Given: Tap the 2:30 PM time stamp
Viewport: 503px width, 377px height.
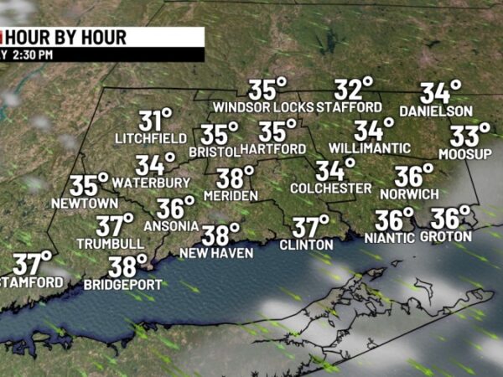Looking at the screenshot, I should [x=32, y=54].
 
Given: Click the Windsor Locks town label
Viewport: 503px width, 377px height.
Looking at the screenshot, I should [x=263, y=107].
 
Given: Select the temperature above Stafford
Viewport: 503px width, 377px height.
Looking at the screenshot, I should [x=354, y=89].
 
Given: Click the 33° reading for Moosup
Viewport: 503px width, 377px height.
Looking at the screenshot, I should [x=469, y=135].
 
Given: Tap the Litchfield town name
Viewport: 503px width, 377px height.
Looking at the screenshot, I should [x=151, y=137].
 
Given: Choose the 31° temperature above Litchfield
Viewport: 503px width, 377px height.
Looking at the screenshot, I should [x=156, y=120].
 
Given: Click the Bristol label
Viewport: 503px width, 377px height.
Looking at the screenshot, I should [x=214, y=152].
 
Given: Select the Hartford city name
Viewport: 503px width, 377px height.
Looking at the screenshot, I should [x=273, y=149].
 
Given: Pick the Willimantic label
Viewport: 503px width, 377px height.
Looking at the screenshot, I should [x=362, y=148].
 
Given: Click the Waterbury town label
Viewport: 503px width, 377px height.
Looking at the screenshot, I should [x=151, y=182].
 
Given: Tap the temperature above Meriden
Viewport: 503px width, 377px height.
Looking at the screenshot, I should [x=235, y=178].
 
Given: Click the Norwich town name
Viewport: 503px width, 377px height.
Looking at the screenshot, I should [x=409, y=194].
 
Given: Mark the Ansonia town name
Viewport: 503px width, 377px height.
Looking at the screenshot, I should [x=172, y=225].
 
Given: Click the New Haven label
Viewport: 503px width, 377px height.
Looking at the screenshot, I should [x=215, y=252].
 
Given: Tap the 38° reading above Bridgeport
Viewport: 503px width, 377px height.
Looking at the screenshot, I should [x=127, y=266].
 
